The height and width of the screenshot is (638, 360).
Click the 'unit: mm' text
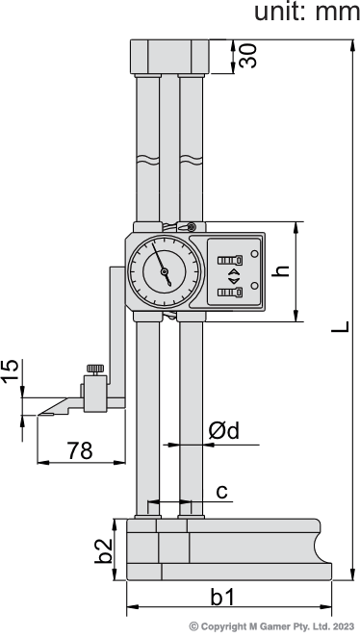307,13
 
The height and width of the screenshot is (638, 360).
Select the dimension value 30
247,56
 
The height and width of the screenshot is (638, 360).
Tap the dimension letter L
341,326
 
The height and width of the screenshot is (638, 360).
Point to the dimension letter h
281,271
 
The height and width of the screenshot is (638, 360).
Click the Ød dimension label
223,430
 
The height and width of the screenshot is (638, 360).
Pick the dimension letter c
221,492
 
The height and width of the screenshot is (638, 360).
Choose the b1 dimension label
222,598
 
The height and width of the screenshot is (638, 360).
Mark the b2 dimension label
103,551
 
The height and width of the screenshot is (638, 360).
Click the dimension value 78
80,450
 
